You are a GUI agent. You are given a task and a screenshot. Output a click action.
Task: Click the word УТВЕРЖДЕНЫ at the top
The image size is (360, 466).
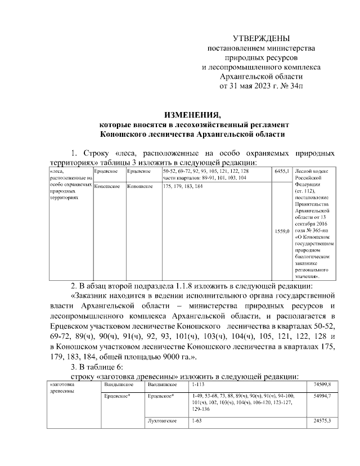click(x=261, y=38)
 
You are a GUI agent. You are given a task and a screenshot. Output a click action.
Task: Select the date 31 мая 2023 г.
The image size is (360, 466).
click(x=251, y=86)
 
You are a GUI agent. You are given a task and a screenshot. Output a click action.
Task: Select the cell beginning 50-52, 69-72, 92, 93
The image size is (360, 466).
click(x=205, y=171)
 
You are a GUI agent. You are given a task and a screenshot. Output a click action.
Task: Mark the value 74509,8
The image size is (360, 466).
click(x=322, y=384)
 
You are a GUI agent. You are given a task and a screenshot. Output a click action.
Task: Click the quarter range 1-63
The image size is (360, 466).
click(x=196, y=421)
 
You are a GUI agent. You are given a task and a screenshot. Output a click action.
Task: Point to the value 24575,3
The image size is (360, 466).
click(x=322, y=421)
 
